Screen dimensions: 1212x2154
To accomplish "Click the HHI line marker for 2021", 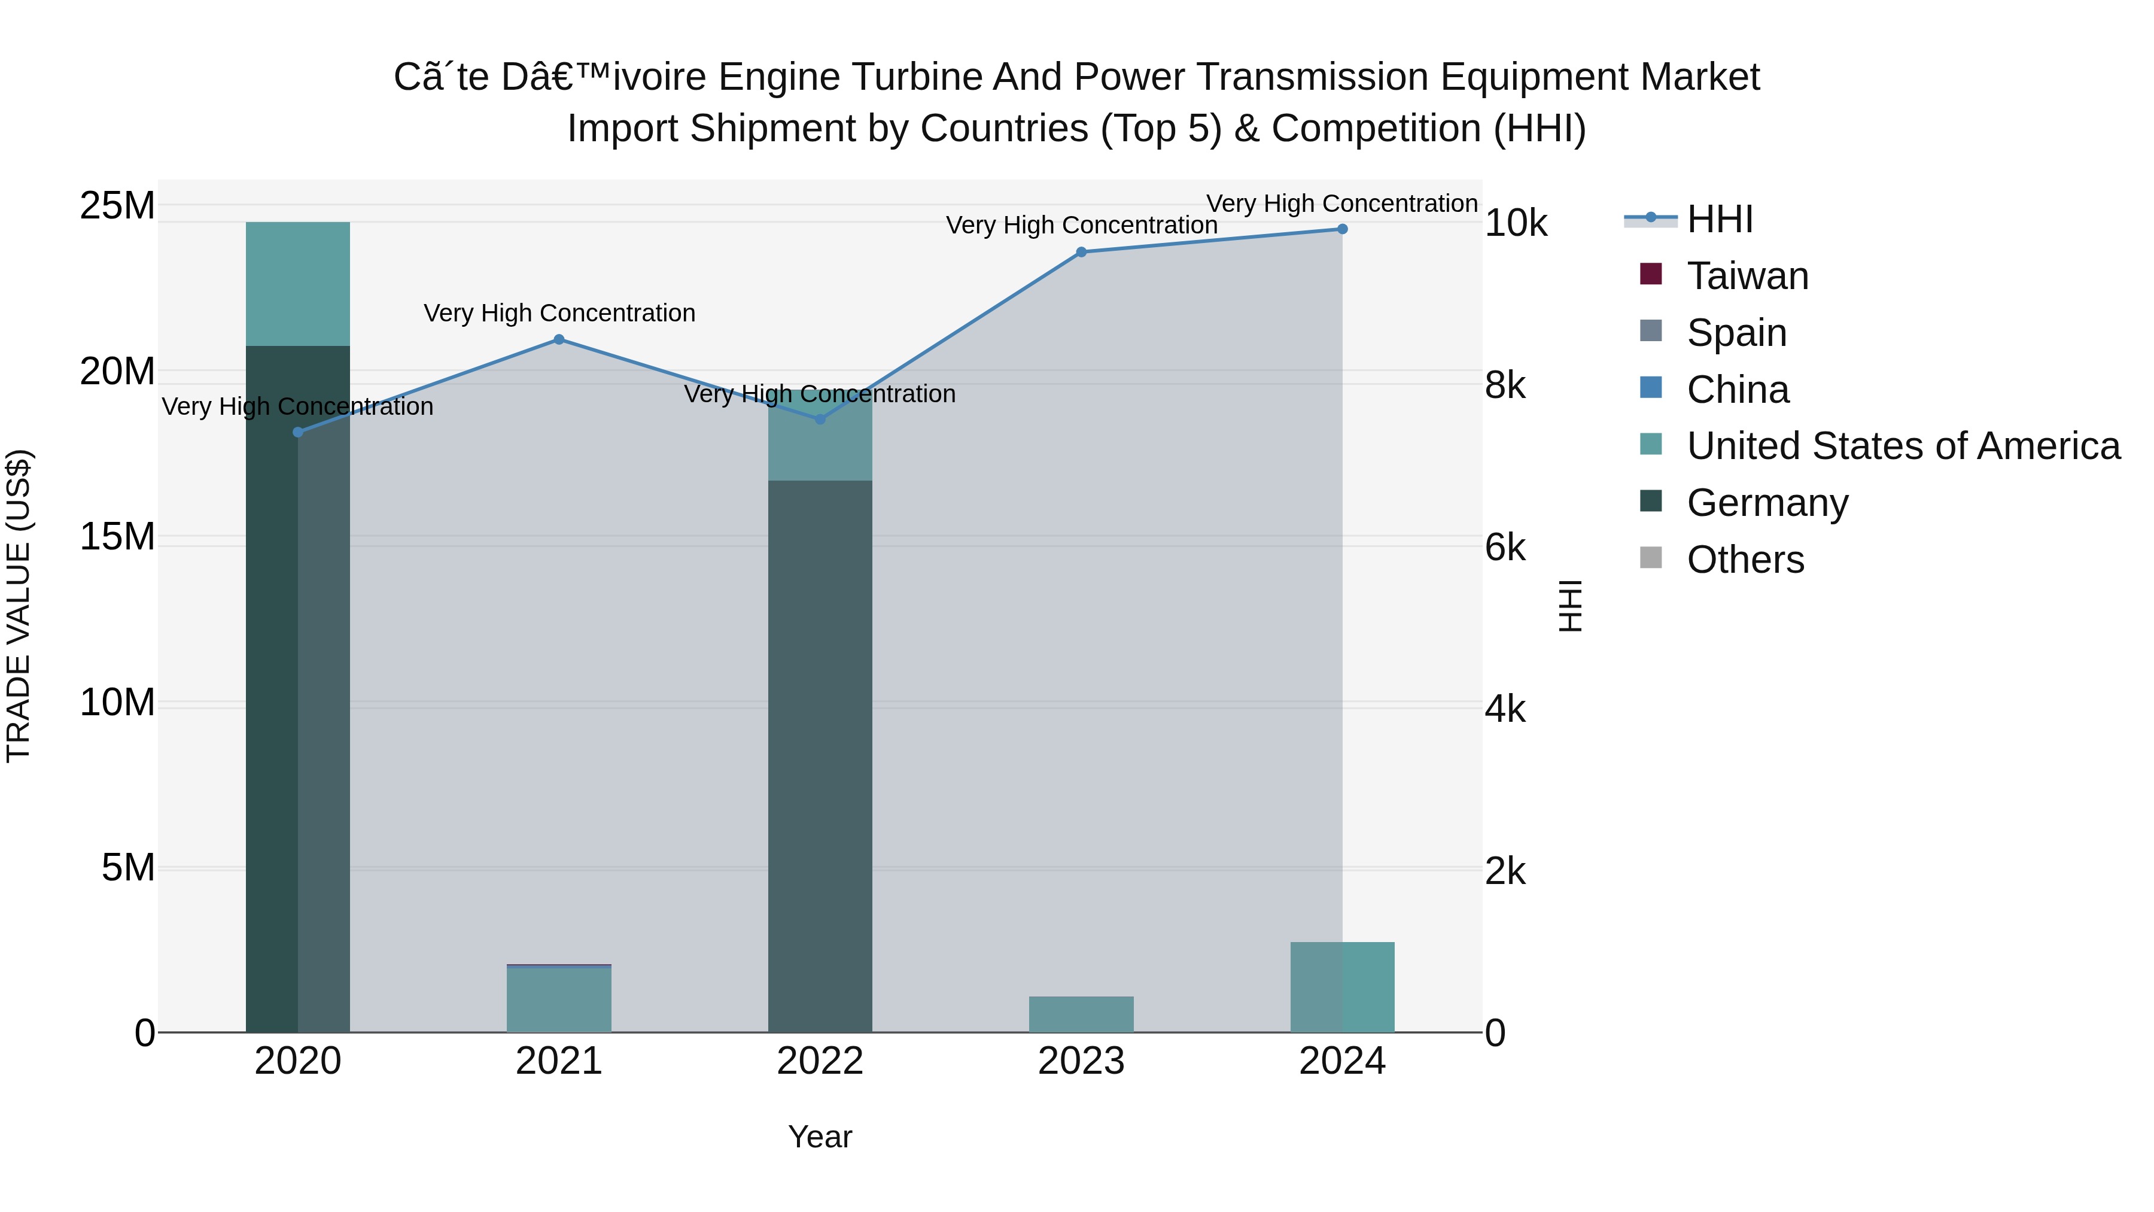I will coord(559,339).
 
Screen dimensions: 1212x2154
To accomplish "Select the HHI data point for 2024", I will coord(1342,229).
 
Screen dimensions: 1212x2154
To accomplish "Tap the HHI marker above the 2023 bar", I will coord(1081,252).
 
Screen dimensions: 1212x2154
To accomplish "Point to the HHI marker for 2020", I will coord(298,433).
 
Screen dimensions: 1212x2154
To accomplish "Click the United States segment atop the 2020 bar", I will coord(298,284).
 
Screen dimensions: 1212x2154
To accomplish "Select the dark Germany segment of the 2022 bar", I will coord(820,753).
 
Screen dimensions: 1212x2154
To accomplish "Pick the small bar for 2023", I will coord(1081,1014).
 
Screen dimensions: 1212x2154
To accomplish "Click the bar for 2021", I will coord(559,1000).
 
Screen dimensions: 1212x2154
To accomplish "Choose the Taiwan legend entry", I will coord(1747,276).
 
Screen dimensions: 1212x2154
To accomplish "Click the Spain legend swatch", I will coord(1651,331).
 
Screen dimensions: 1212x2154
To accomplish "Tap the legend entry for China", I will coord(1738,390).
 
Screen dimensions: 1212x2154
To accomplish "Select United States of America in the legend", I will coord(1903,446).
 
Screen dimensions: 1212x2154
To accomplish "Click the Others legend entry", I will coord(1745,560).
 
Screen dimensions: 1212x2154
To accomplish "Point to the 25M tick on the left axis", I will coord(117,206).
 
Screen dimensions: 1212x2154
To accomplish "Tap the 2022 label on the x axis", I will coord(820,1061).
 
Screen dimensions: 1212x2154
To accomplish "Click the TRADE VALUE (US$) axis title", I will coord(19,606).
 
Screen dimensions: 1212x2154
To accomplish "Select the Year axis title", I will coord(820,1137).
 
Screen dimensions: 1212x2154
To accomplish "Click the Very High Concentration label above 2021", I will coord(559,314).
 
